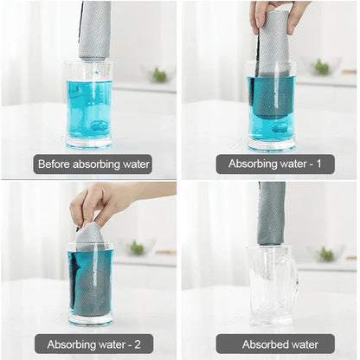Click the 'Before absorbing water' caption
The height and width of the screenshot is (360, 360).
93,164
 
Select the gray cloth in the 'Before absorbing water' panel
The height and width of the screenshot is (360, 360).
94,30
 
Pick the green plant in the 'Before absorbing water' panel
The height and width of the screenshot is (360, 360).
158,74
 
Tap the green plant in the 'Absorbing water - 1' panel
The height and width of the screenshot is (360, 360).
322,67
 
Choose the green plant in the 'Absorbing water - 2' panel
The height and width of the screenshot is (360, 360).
137,248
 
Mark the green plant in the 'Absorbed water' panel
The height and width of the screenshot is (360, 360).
326,254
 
